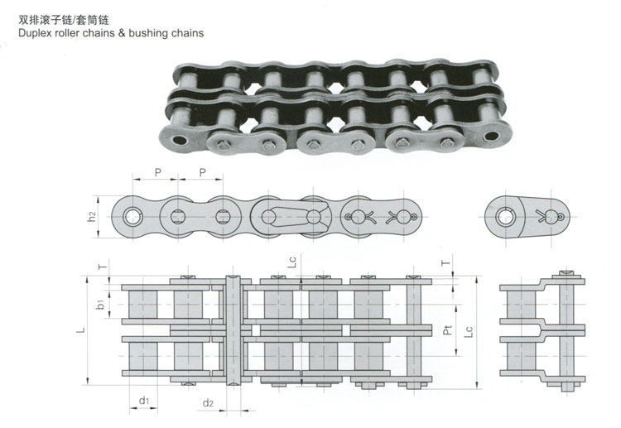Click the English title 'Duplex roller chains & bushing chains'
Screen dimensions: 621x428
111,33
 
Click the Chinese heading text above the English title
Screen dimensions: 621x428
64,20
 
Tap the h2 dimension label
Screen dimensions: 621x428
91,217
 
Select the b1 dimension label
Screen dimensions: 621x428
100,304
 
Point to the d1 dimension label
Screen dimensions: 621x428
144,401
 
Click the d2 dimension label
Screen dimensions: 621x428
208,403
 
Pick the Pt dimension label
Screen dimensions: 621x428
447,329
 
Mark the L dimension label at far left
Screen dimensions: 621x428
81,329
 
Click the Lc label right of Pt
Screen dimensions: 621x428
469,332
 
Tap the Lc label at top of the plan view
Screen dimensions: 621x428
292,262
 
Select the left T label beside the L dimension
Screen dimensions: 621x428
102,267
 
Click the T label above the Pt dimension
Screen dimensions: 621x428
446,262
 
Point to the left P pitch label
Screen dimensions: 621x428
158,173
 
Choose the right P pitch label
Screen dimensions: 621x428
203,173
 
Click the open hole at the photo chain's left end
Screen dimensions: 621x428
180,140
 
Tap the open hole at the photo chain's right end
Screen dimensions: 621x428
492,136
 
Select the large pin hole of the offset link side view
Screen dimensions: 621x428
505,217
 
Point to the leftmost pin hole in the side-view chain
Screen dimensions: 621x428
132,217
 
